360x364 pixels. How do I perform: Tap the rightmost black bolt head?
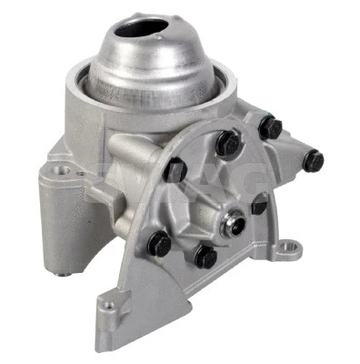tap(313, 161)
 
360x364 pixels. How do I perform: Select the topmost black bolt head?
tap(270, 127)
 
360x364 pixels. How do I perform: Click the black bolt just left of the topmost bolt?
tap(227, 141)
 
